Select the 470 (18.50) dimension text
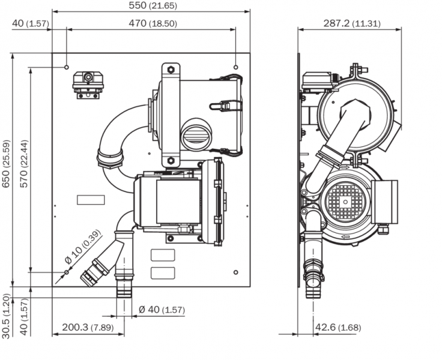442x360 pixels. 153,23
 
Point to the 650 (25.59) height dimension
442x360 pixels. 6,163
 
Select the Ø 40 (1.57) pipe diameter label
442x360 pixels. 161,310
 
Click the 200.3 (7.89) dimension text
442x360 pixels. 87,328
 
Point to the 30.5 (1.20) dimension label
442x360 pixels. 6,316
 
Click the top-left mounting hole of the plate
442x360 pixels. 67,67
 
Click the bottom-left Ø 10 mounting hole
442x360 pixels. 67,272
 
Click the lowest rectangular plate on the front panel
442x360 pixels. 162,273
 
